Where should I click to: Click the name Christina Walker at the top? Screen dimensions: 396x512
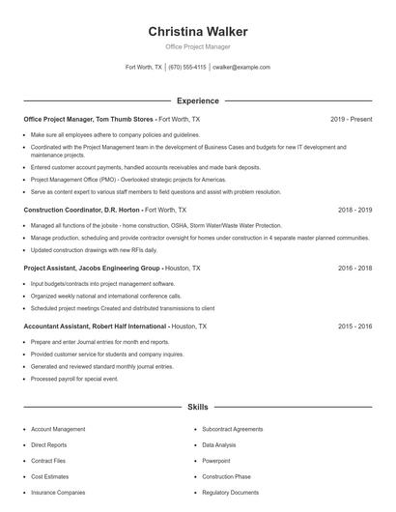tap(197, 31)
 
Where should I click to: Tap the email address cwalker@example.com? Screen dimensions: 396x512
tap(241, 68)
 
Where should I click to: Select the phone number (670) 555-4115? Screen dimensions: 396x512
tap(187, 68)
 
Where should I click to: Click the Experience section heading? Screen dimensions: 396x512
tap(197, 100)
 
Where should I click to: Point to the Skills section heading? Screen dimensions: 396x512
tap(197, 408)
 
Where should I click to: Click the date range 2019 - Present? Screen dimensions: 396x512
tap(351, 119)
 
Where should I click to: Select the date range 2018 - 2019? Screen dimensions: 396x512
tap(354, 209)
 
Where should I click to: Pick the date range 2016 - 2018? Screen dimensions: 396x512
tap(354, 268)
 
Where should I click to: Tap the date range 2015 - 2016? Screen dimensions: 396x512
tap(354, 327)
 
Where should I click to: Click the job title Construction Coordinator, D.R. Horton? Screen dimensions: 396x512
tap(81, 209)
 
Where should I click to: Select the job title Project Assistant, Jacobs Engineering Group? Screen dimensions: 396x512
tap(91, 268)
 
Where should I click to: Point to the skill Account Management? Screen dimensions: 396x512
tap(58, 429)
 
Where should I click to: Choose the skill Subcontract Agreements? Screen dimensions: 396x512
tap(232, 429)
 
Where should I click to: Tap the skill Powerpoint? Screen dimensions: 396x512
tap(216, 461)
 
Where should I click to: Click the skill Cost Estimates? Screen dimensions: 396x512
tap(50, 476)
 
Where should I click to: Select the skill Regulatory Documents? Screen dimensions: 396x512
tap(230, 493)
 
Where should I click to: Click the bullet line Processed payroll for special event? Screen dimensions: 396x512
tap(74, 379)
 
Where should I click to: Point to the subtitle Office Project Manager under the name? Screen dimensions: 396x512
tap(197, 46)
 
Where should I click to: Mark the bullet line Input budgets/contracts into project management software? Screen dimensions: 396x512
tap(103, 284)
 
